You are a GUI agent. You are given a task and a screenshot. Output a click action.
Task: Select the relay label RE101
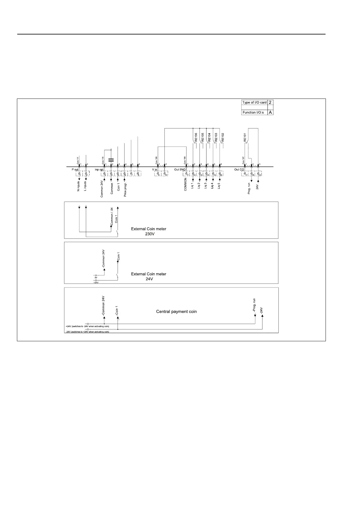(x=245, y=138)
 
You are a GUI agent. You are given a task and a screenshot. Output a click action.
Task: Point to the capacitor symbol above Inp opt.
(x=111, y=159)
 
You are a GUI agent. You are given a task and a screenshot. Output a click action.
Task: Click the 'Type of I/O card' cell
(x=254, y=102)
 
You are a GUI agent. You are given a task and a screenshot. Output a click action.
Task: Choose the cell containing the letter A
(x=270, y=112)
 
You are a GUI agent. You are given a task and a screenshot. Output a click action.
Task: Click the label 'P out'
(x=75, y=170)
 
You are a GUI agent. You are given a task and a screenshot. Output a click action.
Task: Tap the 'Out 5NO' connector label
(x=180, y=170)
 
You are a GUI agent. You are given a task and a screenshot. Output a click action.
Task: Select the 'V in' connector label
(x=155, y=170)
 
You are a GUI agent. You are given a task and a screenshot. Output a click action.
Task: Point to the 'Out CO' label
(x=239, y=170)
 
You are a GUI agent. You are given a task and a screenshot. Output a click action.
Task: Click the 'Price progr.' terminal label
(x=125, y=189)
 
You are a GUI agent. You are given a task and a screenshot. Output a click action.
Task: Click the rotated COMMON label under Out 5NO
(x=186, y=184)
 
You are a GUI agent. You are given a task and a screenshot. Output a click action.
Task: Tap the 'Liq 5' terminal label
(x=219, y=185)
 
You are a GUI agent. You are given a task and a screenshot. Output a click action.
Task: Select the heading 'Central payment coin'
(x=176, y=311)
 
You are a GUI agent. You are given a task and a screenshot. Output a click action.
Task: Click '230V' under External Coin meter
(x=148, y=234)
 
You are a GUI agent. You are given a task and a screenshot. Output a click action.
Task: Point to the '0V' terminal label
(x=96, y=277)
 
